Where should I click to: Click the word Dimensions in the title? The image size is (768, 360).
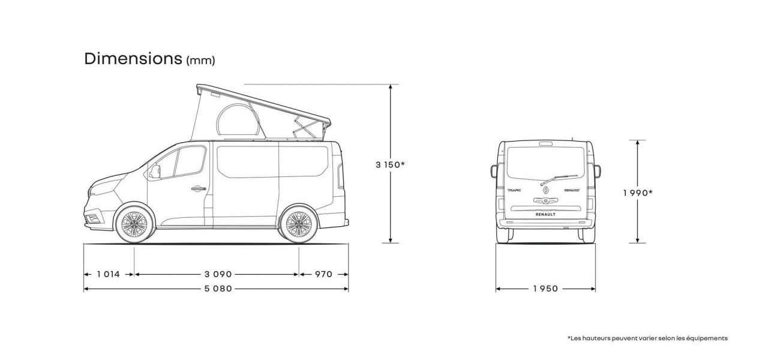[133, 59]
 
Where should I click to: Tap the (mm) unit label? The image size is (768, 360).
[200, 61]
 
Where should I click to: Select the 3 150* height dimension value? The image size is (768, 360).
[390, 165]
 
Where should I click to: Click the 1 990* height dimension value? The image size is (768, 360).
[638, 193]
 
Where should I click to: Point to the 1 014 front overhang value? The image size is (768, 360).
[109, 274]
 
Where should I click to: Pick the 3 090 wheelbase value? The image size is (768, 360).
[218, 274]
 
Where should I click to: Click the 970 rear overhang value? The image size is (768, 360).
[323, 274]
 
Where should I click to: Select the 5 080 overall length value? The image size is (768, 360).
[218, 289]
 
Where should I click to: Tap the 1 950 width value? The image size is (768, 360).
[545, 289]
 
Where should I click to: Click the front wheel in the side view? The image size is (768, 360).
[134, 224]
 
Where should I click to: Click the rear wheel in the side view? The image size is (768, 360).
[299, 224]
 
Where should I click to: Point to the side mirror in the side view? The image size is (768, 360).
[155, 172]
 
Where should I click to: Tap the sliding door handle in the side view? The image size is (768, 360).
[199, 188]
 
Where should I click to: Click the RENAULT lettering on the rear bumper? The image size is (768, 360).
[545, 214]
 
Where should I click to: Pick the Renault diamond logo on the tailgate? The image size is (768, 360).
[545, 190]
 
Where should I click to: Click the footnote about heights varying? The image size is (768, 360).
[647, 338]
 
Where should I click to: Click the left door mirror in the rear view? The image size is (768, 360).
[494, 171]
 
